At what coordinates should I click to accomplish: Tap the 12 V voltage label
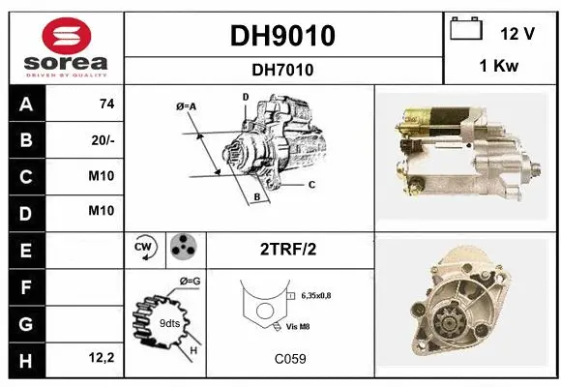click(x=517, y=33)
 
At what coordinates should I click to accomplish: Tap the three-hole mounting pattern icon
click(x=183, y=248)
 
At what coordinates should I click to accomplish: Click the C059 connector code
click(x=288, y=358)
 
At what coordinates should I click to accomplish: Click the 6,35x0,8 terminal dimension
click(x=321, y=295)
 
